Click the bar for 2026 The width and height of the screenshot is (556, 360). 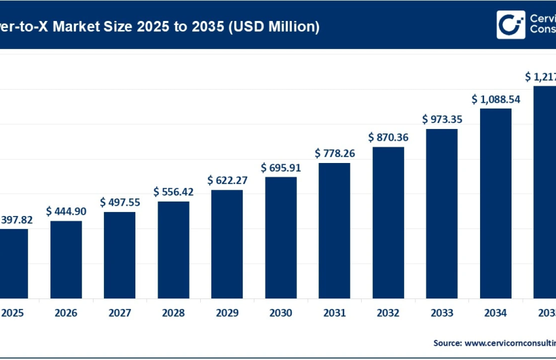(x=66, y=259)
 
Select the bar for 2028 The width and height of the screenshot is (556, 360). (x=173, y=249)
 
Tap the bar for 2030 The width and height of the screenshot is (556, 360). (x=281, y=236)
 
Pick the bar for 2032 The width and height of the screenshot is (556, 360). (x=388, y=222)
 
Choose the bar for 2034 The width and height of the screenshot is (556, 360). (x=496, y=202)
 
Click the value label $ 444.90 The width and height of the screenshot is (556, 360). (x=66, y=211)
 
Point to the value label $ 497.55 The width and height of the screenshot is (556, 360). (x=120, y=202)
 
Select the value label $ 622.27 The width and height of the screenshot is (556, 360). (x=227, y=180)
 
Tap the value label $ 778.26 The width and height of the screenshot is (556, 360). (x=334, y=153)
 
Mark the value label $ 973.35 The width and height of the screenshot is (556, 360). (x=442, y=119)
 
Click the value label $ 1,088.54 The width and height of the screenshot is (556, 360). (x=496, y=99)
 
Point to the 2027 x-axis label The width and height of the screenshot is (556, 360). (x=120, y=314)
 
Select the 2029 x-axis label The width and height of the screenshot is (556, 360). (x=227, y=314)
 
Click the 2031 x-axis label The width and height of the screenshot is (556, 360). (x=334, y=314)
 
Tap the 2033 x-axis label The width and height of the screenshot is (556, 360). (x=442, y=314)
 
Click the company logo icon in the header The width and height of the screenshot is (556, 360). (x=511, y=25)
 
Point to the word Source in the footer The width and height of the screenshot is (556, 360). (x=447, y=342)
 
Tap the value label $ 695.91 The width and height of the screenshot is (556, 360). (x=281, y=168)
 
